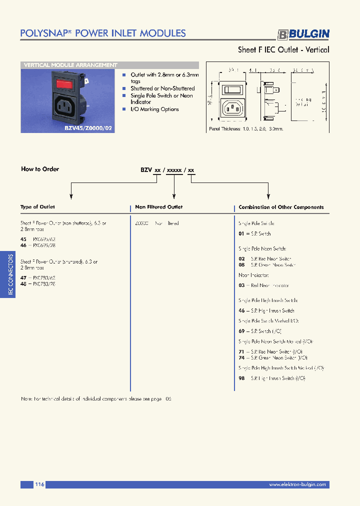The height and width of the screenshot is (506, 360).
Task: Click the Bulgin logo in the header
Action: pos(303,34)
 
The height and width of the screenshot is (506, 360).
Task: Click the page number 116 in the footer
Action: pos(40,484)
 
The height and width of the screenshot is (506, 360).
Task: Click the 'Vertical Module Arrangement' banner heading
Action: pos(71,65)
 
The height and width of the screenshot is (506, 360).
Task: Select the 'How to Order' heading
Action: pos(40,169)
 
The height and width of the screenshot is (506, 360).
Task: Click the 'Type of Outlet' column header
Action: pos(37,207)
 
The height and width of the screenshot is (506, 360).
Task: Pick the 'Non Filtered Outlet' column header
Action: pos(158,207)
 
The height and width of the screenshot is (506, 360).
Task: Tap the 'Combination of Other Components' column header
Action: pos(281,207)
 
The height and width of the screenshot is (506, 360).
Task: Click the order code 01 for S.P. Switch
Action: pos(241,234)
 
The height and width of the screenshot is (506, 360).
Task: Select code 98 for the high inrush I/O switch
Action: pos(241,378)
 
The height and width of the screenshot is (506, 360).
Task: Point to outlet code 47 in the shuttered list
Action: pos(23,278)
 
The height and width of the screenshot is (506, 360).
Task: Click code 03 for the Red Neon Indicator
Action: pos(241,285)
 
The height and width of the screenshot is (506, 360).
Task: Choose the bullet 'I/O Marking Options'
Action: pos(154,109)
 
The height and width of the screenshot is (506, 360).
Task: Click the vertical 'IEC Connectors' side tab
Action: pos(10,274)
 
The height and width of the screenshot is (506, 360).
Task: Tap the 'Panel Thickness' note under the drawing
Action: pos(246,128)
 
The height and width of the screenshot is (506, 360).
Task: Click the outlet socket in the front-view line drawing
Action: pos(233,107)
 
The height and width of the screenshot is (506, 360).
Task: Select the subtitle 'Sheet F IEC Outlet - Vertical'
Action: pos(283,49)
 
